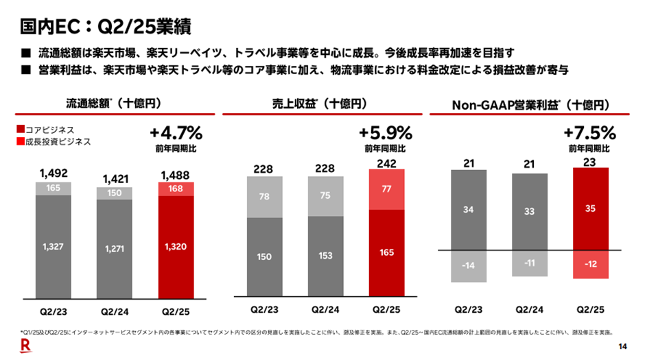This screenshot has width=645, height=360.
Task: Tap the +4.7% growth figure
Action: click(176, 132)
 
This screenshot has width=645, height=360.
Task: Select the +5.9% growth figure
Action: click(385, 132)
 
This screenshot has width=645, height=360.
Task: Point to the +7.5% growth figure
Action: click(589, 132)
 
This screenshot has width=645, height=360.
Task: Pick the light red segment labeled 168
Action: click(176, 189)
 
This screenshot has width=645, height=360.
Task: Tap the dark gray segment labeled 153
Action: click(325, 255)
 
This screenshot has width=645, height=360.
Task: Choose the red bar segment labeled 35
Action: click(591, 209)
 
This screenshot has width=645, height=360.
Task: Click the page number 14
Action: click(622, 345)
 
